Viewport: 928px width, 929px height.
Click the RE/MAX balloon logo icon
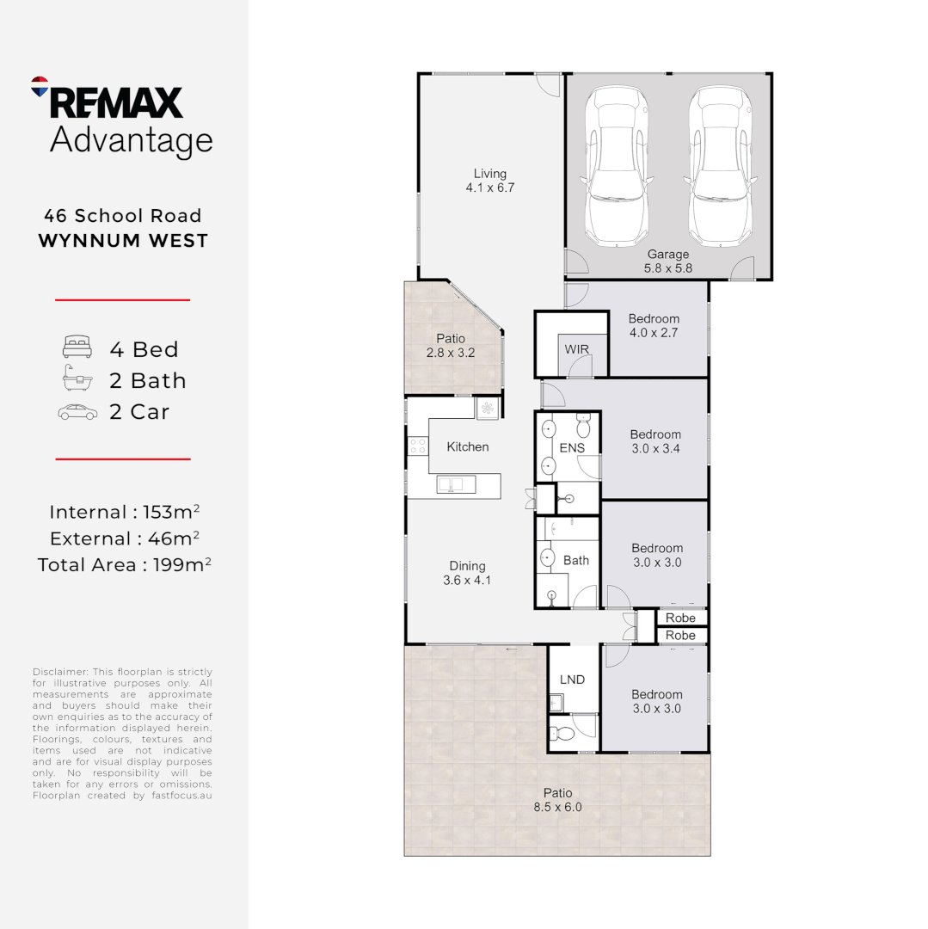tap(40, 86)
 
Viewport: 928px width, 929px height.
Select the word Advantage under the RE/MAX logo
tap(131, 140)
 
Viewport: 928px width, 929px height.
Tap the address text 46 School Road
tap(124, 216)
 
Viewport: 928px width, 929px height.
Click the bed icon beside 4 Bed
tap(77, 348)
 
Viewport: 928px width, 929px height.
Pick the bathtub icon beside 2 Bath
tap(77, 379)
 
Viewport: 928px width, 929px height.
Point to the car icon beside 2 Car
tap(77, 412)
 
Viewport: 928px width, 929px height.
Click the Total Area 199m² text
tap(124, 564)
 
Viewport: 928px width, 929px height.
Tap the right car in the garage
tap(719, 167)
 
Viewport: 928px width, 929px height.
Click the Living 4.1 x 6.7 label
tap(489, 181)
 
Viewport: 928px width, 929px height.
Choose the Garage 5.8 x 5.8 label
tap(668, 261)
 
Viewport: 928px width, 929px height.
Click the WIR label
tap(576, 350)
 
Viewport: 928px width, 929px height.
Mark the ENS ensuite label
tap(572, 447)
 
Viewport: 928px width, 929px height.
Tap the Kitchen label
tap(468, 446)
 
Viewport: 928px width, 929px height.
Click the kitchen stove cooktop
tap(417, 446)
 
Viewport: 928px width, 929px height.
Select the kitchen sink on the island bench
tap(451, 484)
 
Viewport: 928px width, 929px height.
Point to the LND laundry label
tap(572, 680)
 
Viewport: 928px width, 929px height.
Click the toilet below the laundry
tap(563, 734)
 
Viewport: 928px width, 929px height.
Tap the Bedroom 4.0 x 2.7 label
tap(654, 325)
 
